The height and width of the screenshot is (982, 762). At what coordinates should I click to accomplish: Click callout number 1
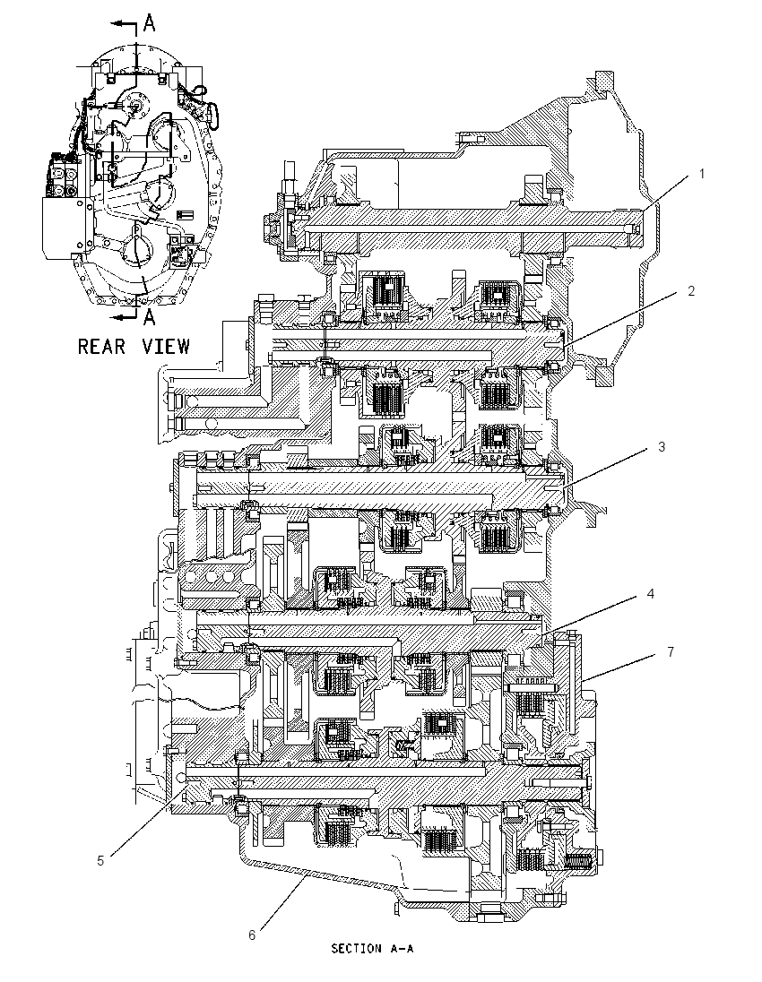tap(702, 174)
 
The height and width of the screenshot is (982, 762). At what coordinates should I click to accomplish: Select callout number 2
tap(690, 290)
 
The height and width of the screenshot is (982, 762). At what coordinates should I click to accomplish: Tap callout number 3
tap(661, 446)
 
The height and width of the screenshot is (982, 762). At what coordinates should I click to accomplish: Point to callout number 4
tap(651, 593)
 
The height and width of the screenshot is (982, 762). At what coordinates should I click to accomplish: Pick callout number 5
tap(100, 860)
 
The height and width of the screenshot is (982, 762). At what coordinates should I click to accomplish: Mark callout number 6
tap(252, 935)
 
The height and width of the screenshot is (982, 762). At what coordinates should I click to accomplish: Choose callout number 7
tap(671, 652)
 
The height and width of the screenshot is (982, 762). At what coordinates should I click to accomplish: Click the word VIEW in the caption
tap(166, 347)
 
